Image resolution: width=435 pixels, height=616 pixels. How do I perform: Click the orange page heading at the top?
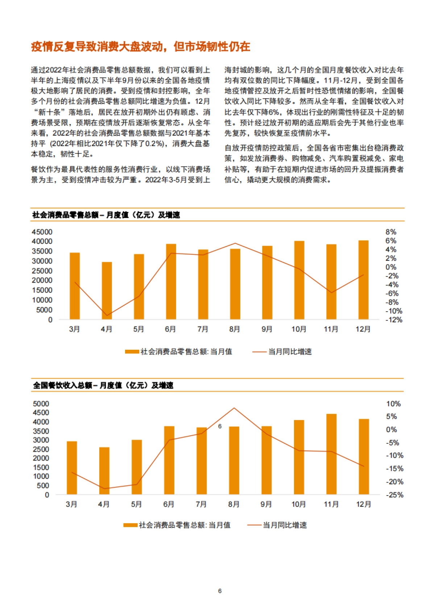[x=140, y=46]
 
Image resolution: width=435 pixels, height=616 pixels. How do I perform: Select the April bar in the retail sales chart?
[x=107, y=290]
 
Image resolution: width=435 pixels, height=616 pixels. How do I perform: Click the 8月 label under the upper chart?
[x=235, y=329]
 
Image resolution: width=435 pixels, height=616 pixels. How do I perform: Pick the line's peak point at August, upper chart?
[x=235, y=243]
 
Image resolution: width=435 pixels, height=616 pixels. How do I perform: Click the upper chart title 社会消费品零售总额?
[x=106, y=215]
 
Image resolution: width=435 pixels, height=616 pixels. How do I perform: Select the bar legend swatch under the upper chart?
[x=132, y=352]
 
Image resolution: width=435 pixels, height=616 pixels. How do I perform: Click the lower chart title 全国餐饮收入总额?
[x=103, y=385]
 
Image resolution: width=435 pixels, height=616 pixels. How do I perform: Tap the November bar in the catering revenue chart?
[x=331, y=453]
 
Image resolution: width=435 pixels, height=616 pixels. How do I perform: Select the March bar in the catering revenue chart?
[x=72, y=467]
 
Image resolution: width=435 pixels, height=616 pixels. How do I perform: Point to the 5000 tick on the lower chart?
[x=41, y=404]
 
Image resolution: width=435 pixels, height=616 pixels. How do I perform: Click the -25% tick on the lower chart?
[x=394, y=495]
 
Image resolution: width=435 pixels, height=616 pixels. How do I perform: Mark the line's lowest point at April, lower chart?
[x=104, y=489]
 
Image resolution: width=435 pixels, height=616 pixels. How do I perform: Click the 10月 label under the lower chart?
[x=299, y=504]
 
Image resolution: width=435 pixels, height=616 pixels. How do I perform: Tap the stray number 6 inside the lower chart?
[x=220, y=426]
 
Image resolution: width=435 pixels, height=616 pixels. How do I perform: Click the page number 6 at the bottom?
[x=220, y=591]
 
